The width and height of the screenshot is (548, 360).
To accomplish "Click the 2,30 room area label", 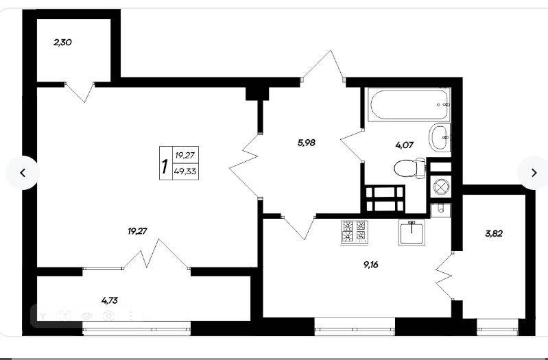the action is pyautogui.click(x=62, y=43).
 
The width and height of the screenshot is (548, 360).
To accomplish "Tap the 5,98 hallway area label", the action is pyautogui.click(x=307, y=143).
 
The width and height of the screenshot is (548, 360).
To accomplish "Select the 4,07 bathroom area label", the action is pyautogui.click(x=405, y=145).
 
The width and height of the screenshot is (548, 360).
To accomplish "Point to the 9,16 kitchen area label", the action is pyautogui.click(x=371, y=265).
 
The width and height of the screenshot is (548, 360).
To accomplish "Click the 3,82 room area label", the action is pyautogui.click(x=494, y=234).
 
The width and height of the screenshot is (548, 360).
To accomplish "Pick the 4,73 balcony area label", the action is pyautogui.click(x=109, y=300).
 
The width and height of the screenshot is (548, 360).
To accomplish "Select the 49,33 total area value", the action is pyautogui.click(x=186, y=171).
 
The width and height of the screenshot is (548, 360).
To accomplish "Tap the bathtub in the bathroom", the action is pyautogui.click(x=409, y=104).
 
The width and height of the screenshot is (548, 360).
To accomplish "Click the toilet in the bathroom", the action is pyautogui.click(x=409, y=168).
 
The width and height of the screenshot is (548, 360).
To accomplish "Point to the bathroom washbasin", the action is pyautogui.click(x=440, y=137).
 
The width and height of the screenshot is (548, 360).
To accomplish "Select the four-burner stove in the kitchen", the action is pyautogui.click(x=354, y=232).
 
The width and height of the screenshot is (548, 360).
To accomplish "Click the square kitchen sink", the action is pyautogui.click(x=412, y=232).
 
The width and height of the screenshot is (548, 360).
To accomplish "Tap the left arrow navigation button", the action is pyautogui.click(x=23, y=173).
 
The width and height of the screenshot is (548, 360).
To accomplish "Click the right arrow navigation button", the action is pyautogui.click(x=534, y=173).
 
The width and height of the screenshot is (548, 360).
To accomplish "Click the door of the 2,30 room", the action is pyautogui.click(x=80, y=92).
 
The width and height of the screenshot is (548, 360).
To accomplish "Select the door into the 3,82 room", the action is pyautogui.click(x=444, y=276).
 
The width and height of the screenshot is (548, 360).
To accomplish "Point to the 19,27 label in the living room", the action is pyautogui.click(x=138, y=231).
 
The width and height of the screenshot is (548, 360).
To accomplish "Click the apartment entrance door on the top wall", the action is pyautogui.click(x=323, y=65).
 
